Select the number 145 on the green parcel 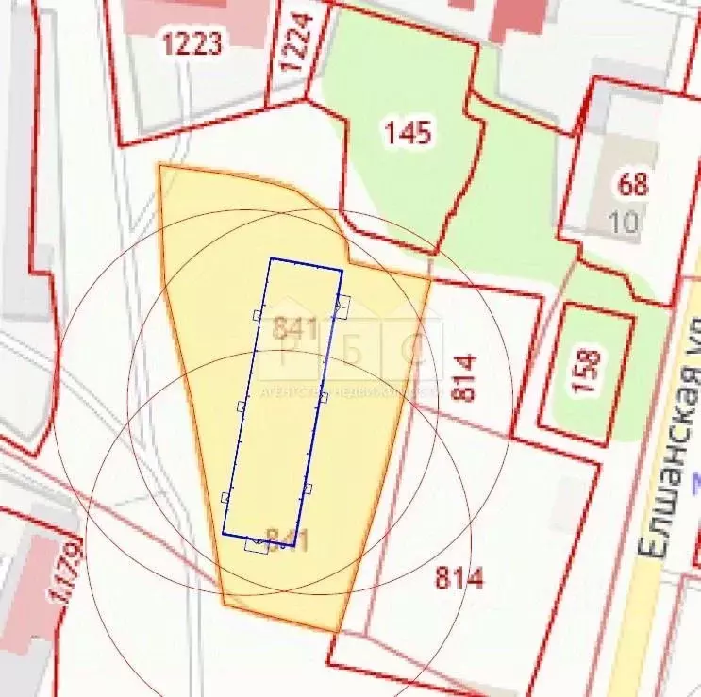(x=408, y=132)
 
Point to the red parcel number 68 (x=632, y=183)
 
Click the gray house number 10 (x=624, y=223)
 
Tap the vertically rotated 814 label (x=465, y=377)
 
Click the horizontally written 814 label (x=459, y=577)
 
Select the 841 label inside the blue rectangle (x=293, y=328)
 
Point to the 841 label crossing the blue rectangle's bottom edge (x=288, y=540)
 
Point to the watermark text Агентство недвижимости (x=349, y=390)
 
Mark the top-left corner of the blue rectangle (x=272, y=258)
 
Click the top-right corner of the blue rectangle (x=342, y=270)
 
